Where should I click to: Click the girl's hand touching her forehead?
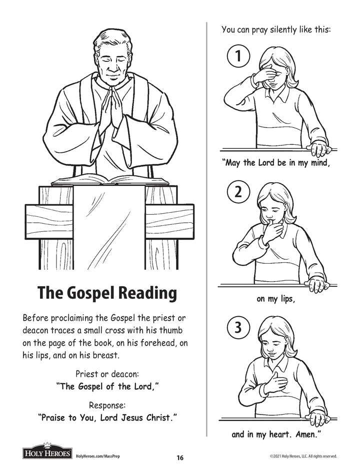(x=264, y=75)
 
